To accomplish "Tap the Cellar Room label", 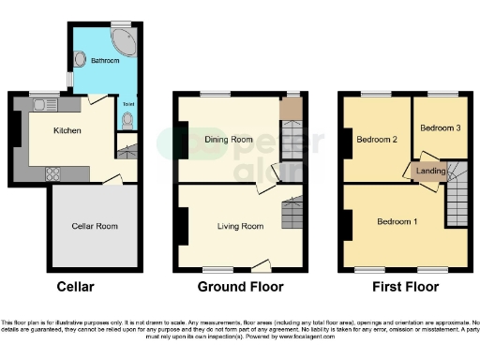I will tap(94, 226).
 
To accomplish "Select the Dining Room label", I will tap(229, 140).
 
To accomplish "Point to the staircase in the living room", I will tap(292, 216).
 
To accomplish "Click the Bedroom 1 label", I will tap(397, 222).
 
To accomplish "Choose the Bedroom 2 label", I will tap(377, 140).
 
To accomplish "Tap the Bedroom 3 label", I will tap(439, 128).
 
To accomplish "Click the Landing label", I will tap(430, 171).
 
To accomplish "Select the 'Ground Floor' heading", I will tap(239, 286).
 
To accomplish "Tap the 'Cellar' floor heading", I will tap(75, 286).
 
